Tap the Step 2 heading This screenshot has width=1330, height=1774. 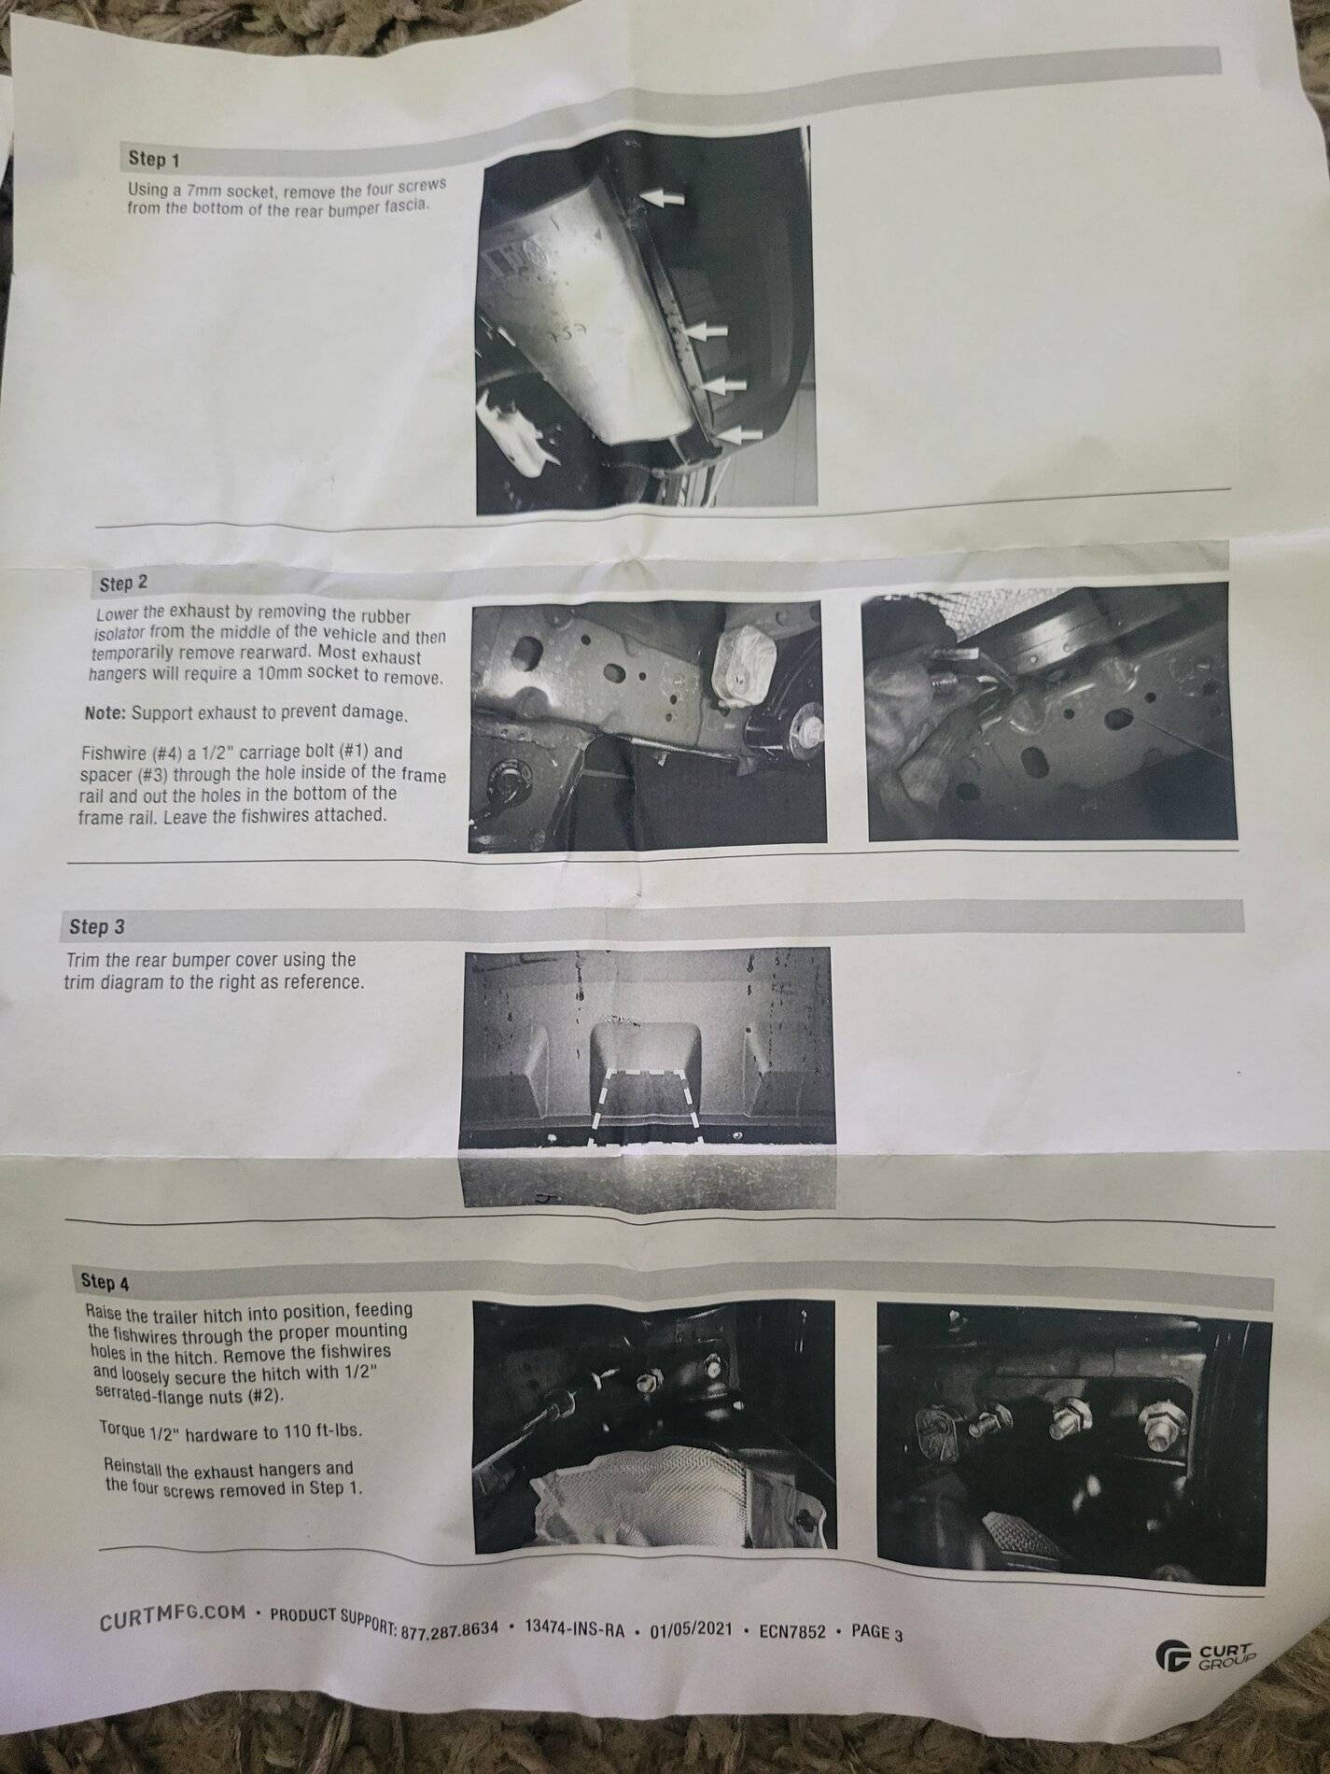click(x=123, y=584)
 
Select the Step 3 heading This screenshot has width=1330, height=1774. click(x=96, y=927)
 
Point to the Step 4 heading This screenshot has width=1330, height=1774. click(x=105, y=1282)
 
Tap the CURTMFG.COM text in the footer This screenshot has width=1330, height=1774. click(x=173, y=1615)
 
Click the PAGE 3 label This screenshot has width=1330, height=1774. click(x=877, y=1633)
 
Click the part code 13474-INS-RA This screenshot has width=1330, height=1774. click(x=574, y=1629)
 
